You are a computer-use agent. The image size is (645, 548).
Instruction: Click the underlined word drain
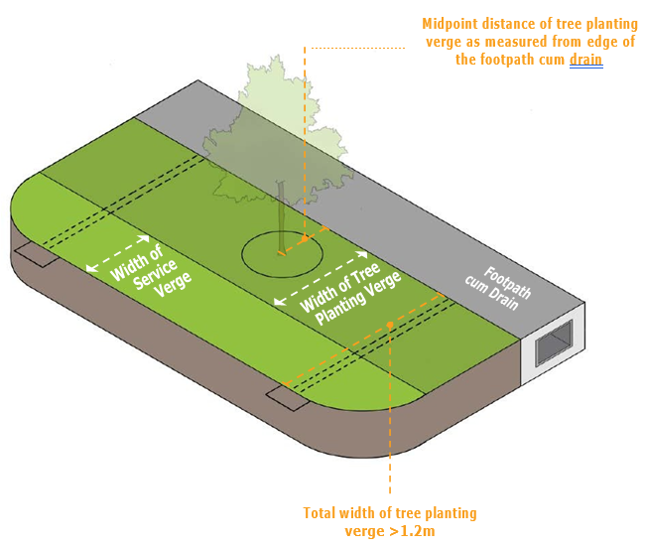pos(585,60)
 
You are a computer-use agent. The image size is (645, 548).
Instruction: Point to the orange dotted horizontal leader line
pos(357,47)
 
